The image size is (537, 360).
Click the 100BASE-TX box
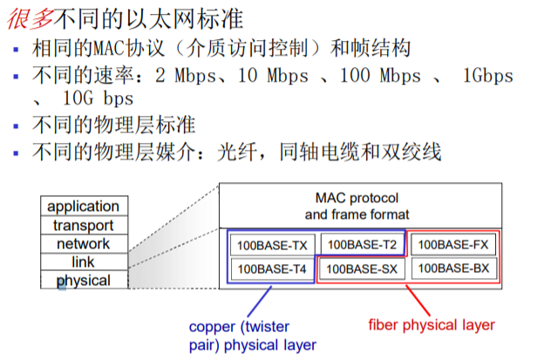coord(272,245)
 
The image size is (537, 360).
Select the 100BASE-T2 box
coord(362,245)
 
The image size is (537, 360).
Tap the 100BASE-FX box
coord(454,245)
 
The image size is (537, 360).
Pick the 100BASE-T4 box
coord(272,269)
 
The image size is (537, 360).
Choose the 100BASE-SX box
coord(362,269)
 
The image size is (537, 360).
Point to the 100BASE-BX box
coord(454,269)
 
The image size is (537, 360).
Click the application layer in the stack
coord(83,207)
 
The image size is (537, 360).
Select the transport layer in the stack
coord(83,226)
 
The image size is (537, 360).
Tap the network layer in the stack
coord(83,244)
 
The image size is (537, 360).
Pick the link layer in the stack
coord(83,262)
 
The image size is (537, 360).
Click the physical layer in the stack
coord(83,281)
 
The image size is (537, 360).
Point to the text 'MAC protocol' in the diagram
coord(357,197)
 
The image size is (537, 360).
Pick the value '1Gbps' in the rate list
coord(490,76)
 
